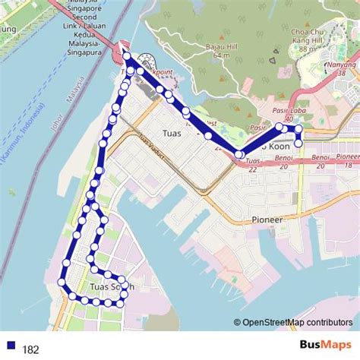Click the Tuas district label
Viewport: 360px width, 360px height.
(x=172, y=153)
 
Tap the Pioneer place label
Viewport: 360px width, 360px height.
(x=267, y=219)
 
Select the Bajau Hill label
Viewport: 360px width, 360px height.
(x=220, y=46)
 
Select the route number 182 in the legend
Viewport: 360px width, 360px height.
(x=31, y=349)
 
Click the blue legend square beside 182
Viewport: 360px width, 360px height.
(x=10, y=349)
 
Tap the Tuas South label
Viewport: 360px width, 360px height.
(x=112, y=287)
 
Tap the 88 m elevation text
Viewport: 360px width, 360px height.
(x=307, y=49)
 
